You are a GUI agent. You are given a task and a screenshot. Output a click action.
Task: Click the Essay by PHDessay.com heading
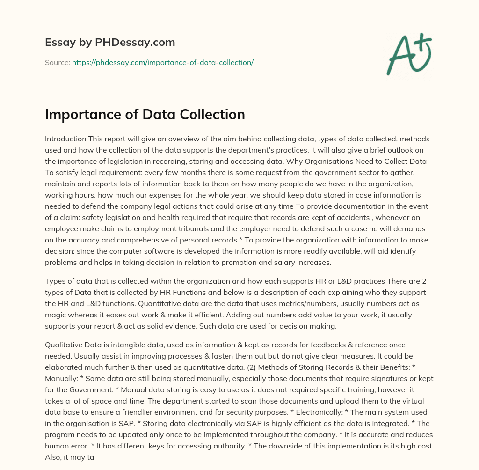[x=110, y=43]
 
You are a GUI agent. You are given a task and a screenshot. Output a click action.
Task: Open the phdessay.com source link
[x=162, y=62]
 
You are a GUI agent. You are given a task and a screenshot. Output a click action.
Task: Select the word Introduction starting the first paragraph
[x=65, y=139]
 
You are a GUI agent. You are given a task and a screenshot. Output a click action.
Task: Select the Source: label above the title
[x=58, y=62]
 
